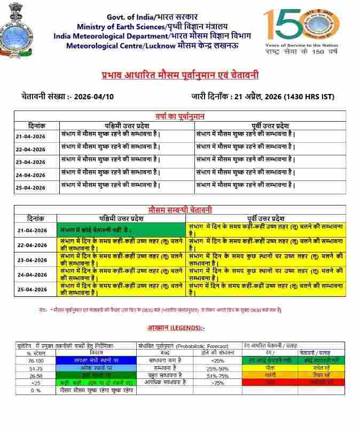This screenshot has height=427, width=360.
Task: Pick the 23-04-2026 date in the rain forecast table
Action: tap(30, 162)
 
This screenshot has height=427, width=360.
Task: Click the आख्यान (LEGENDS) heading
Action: tap(176, 327)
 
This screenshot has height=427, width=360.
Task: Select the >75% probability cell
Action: tap(217, 383)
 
